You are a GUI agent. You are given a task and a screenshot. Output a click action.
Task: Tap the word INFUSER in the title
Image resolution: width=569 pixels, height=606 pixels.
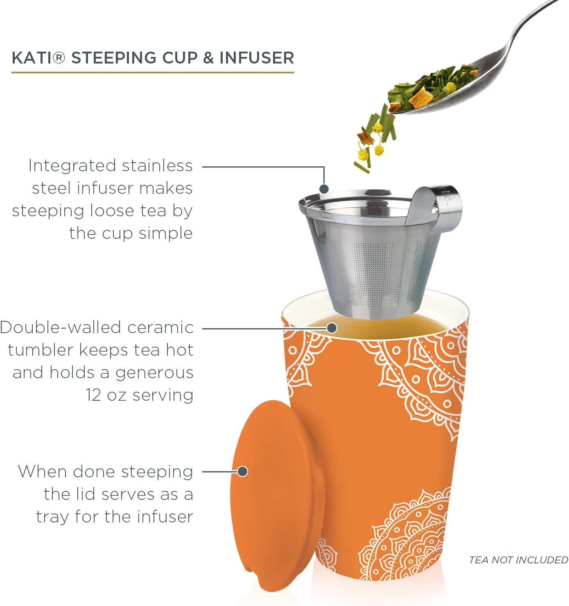[257, 58]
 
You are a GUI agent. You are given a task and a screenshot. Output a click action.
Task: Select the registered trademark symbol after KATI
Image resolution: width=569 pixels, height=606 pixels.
[59, 58]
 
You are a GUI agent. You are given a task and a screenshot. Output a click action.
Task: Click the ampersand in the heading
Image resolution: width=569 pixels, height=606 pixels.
[208, 58]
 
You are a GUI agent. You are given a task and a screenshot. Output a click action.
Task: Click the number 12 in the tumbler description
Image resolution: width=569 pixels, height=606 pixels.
[93, 395]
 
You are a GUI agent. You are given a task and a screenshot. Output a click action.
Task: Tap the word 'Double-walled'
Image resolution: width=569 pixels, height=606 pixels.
[60, 328]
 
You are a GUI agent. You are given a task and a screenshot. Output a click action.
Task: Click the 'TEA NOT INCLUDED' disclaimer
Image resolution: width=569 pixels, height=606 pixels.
[518, 560]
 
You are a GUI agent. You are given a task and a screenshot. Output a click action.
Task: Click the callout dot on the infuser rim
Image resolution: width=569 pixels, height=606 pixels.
[324, 189]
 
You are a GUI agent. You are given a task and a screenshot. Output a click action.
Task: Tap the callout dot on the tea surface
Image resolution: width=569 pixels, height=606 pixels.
[332, 328]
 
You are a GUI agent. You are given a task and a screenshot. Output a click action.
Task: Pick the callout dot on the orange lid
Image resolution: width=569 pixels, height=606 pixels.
[242, 472]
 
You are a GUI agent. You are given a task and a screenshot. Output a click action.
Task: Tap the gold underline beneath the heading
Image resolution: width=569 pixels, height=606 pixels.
[153, 73]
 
